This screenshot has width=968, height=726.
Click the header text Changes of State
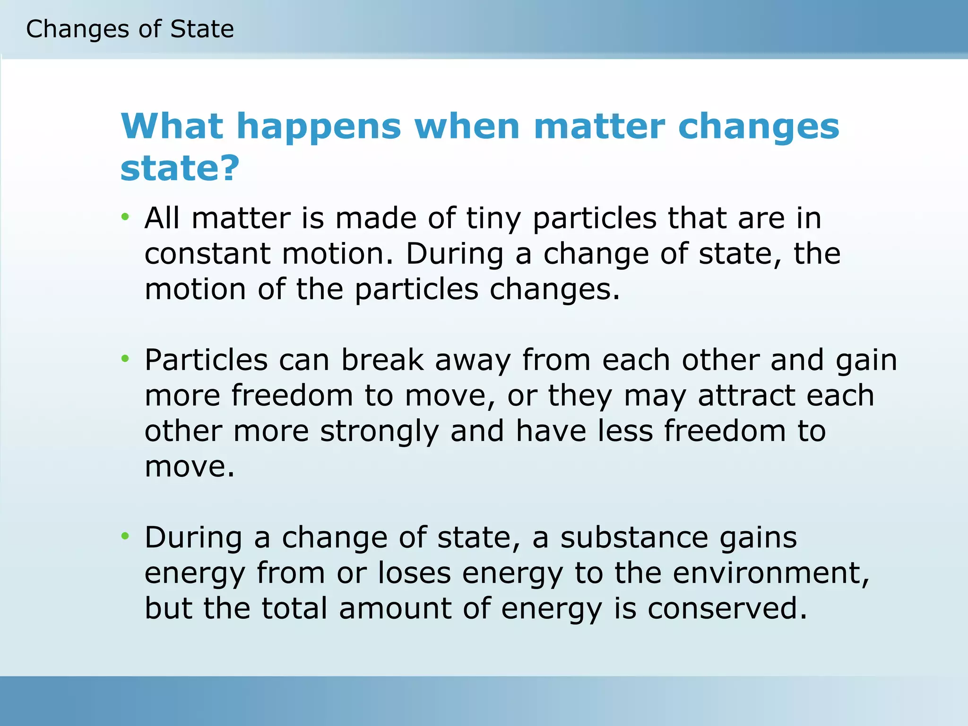(130, 29)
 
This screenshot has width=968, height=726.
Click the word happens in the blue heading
(319, 127)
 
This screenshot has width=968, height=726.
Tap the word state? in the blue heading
(180, 168)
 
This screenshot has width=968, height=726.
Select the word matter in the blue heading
(599, 127)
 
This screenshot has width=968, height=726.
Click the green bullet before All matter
(125, 217)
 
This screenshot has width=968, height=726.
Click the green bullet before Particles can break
(125, 359)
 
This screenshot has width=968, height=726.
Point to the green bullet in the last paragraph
(125, 536)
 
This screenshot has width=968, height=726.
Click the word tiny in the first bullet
(493, 219)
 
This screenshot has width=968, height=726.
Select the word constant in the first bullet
(207, 254)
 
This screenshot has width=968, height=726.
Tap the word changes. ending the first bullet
(554, 289)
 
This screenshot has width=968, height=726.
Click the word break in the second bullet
(382, 360)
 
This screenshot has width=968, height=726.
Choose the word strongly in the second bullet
(380, 432)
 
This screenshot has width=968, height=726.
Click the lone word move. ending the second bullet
(190, 467)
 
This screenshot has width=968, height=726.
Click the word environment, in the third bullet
(771, 573)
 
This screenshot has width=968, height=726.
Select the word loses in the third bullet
(415, 573)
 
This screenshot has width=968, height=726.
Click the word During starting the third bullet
(193, 538)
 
